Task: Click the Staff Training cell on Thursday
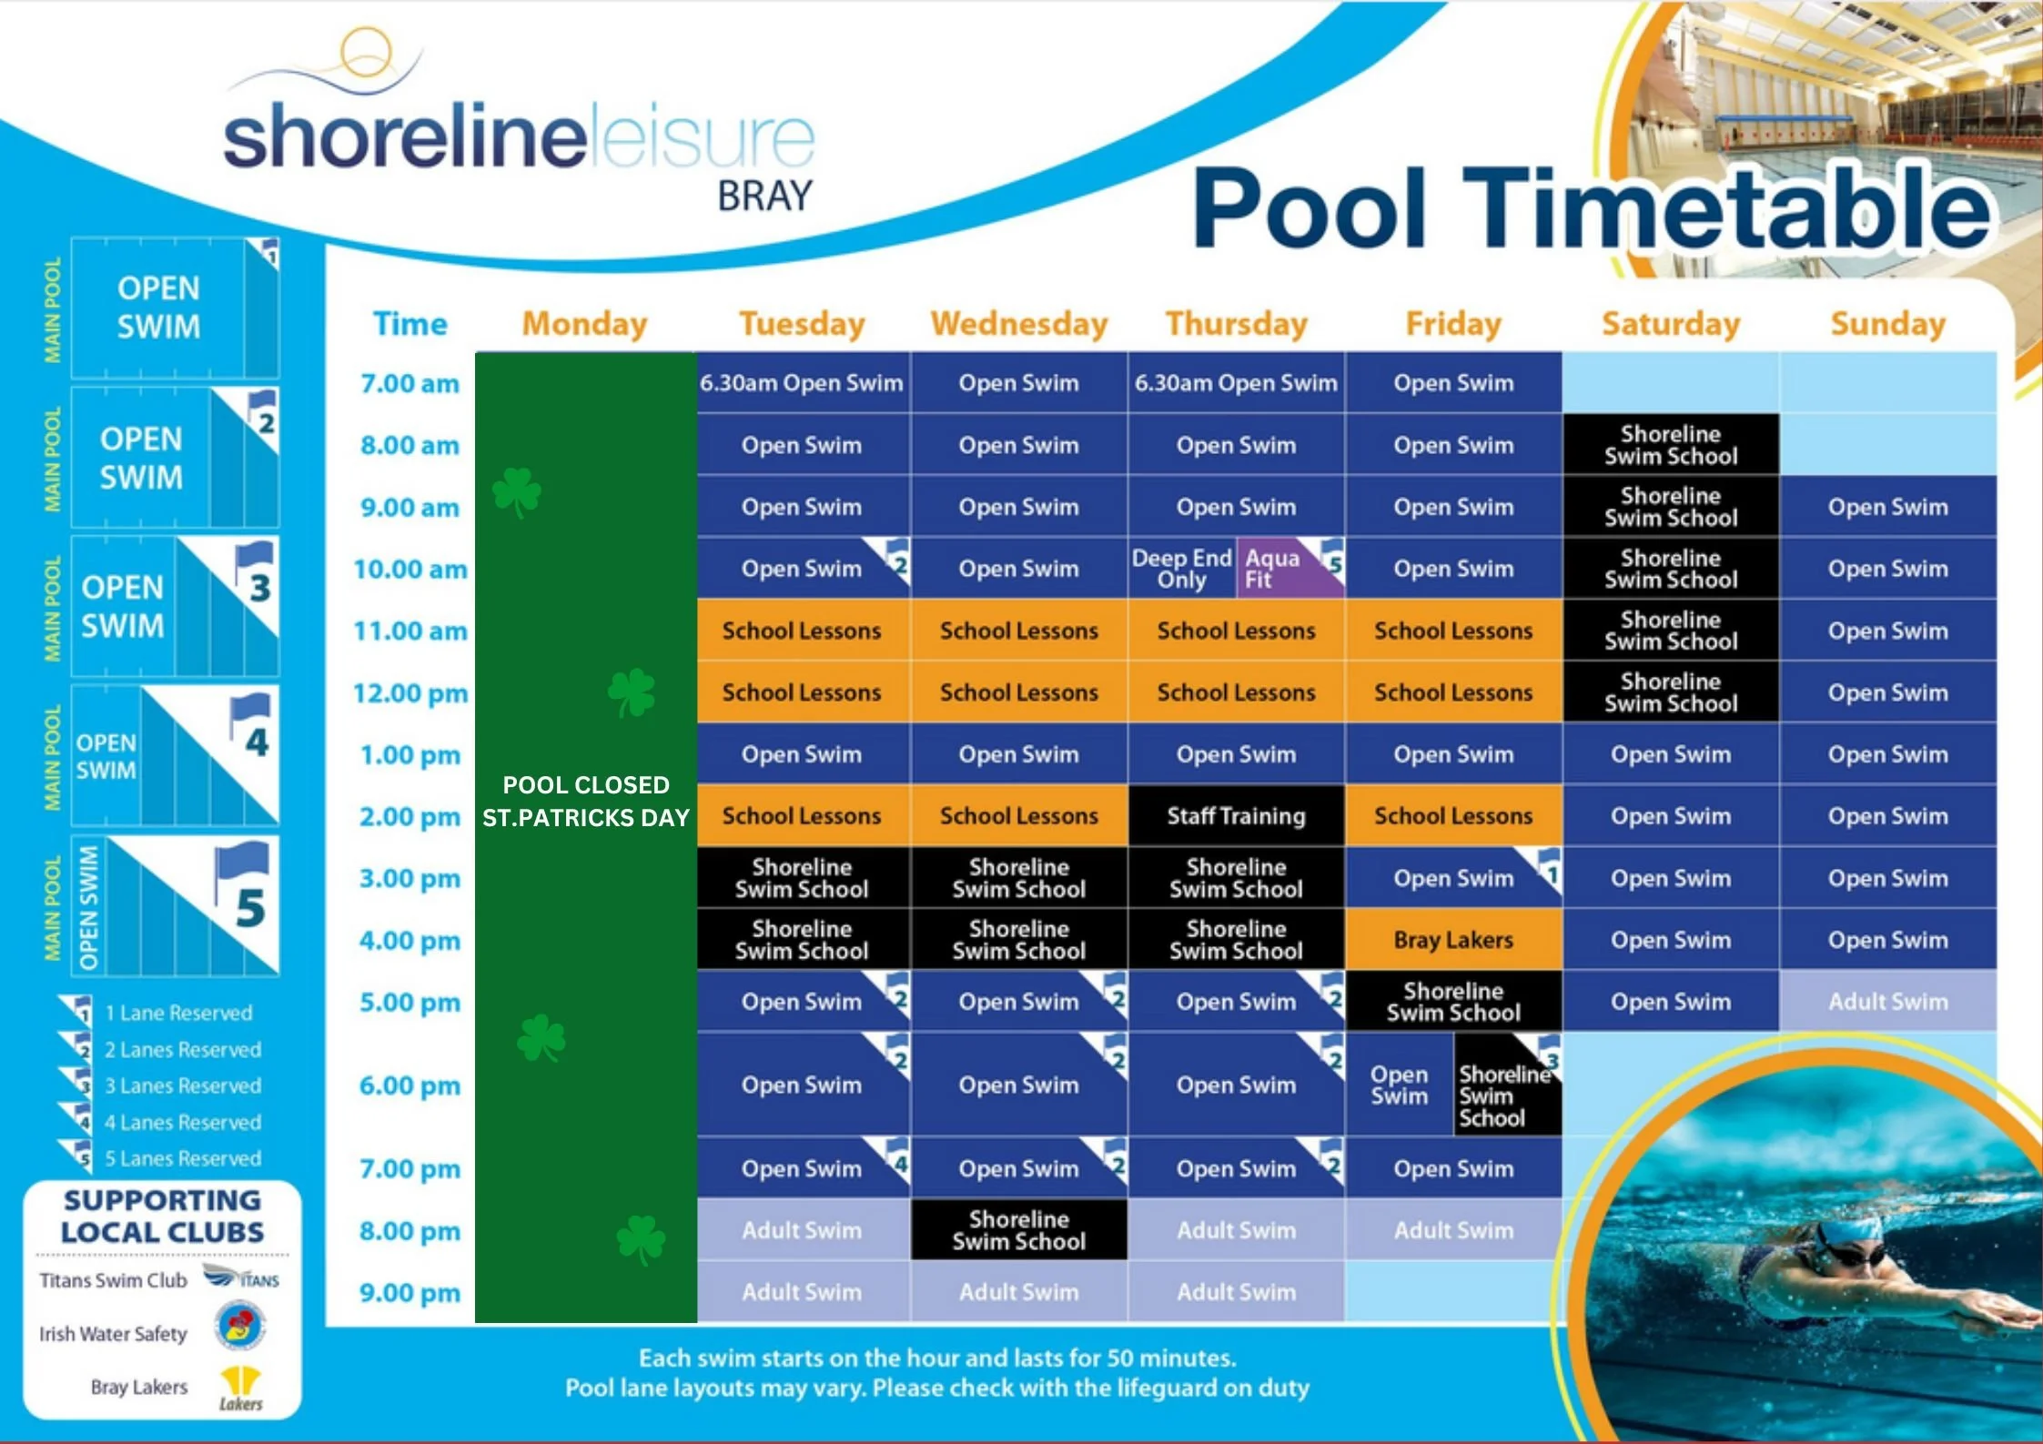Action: click(x=1236, y=816)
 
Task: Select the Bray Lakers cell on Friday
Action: click(x=1453, y=940)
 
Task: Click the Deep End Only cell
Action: click(x=1181, y=569)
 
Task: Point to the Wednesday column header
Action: click(x=1019, y=324)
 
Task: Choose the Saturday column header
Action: click(x=1671, y=324)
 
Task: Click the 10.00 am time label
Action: click(x=410, y=570)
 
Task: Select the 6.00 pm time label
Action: click(x=410, y=1086)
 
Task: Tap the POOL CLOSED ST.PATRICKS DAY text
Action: click(x=586, y=802)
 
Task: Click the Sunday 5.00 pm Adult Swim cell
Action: click(x=1888, y=1002)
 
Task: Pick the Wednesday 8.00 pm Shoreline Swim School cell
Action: click(x=1019, y=1230)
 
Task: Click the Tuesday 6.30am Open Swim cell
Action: click(x=802, y=383)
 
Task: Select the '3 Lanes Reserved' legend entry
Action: click(x=182, y=1086)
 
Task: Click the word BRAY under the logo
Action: click(x=764, y=196)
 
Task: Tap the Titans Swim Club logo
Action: click(x=241, y=1277)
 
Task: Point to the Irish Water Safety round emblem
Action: click(x=240, y=1326)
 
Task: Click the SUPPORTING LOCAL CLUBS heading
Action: click(x=163, y=1217)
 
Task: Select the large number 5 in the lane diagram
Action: click(x=249, y=908)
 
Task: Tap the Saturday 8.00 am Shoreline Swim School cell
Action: click(x=1671, y=445)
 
